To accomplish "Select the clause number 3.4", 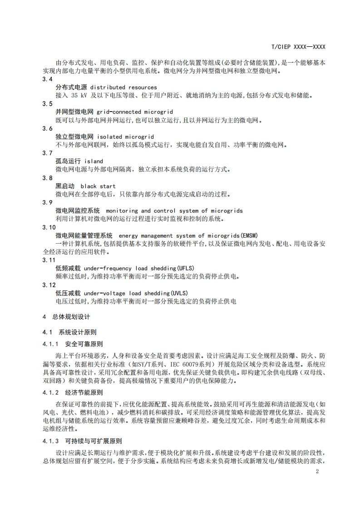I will (47, 79).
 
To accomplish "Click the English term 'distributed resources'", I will (123, 87).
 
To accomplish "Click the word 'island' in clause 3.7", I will (94, 161).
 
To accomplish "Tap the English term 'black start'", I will (98, 186).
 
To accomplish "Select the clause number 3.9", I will (47, 202).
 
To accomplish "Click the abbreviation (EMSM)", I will (249, 235).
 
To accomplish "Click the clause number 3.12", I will (49, 285).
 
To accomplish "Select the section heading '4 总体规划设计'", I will (66, 317).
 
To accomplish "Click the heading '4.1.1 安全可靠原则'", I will (73, 344).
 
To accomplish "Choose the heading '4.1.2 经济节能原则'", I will (73, 392).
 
